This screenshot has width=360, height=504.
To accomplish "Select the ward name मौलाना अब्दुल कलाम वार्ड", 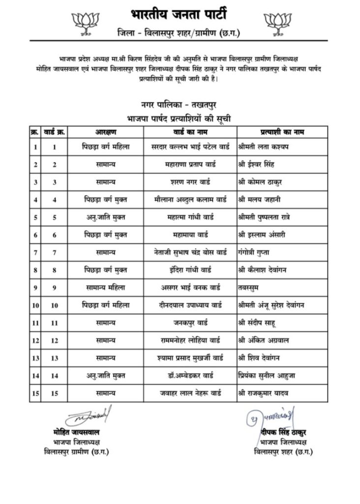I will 190,200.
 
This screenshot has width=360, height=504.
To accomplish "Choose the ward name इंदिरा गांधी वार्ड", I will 190,270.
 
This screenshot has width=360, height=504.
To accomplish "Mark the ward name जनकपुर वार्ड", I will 190,322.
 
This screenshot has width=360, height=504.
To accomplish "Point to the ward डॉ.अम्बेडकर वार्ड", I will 190,375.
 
